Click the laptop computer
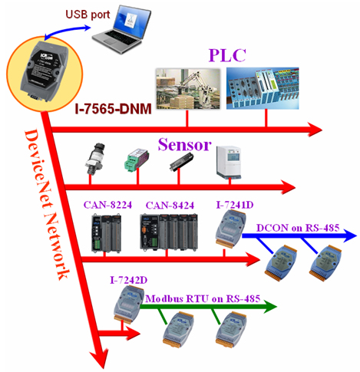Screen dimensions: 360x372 point(121,29)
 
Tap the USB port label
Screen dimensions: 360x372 point(88,15)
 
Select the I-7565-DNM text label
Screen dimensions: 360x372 point(113,109)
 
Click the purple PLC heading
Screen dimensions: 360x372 point(227,55)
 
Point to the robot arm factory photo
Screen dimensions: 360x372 point(188,89)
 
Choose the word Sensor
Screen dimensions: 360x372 point(184,145)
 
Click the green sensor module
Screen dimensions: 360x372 point(137,160)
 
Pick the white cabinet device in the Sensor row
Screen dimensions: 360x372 point(229,162)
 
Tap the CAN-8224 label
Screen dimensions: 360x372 point(107,205)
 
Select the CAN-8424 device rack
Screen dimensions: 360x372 point(169,232)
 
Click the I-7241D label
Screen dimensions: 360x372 point(235,205)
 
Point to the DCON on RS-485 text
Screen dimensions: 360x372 point(298,228)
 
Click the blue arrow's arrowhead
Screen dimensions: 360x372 point(349,235)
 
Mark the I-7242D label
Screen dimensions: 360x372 point(129,280)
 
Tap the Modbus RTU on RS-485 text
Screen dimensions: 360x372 point(203,298)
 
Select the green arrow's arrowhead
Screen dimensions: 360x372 point(270,307)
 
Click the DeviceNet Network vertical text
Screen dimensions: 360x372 point(47,205)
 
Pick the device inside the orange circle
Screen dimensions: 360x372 point(45,71)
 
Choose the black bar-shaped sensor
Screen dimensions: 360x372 point(181,162)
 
